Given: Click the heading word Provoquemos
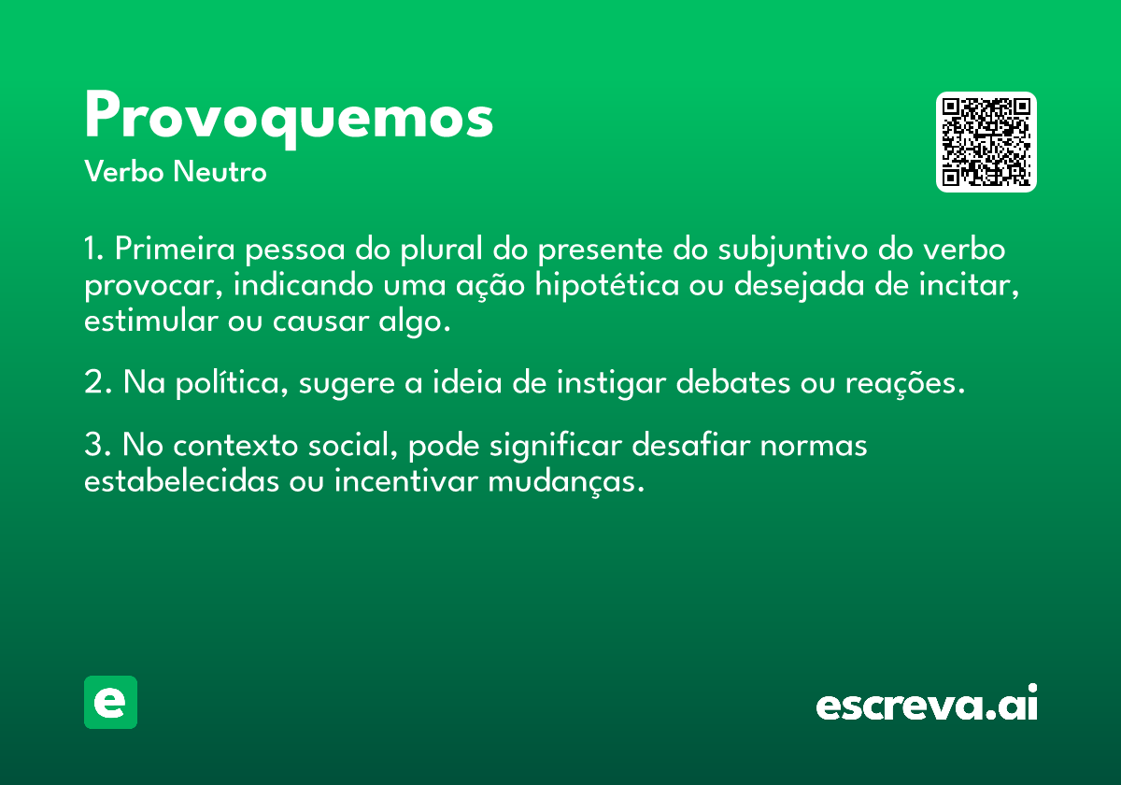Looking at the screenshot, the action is pyautogui.click(x=289, y=118).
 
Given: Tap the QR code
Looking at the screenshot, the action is pyautogui.click(x=986, y=142).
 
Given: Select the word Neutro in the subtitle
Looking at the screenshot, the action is pyautogui.click(x=220, y=172).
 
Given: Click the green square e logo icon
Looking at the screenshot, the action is pyautogui.click(x=110, y=702).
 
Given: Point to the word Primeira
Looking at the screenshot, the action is pyautogui.click(x=175, y=249).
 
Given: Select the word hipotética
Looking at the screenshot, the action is pyautogui.click(x=607, y=286).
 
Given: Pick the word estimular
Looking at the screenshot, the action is pyautogui.click(x=150, y=321).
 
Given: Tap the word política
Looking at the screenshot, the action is pyautogui.click(x=233, y=384).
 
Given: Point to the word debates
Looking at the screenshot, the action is pyautogui.click(x=733, y=383).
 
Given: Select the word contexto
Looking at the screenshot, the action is pyautogui.click(x=235, y=445).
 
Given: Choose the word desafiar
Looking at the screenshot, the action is pyautogui.click(x=690, y=444).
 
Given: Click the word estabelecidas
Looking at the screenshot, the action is pyautogui.click(x=181, y=480).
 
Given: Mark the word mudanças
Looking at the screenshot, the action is pyautogui.click(x=566, y=482).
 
